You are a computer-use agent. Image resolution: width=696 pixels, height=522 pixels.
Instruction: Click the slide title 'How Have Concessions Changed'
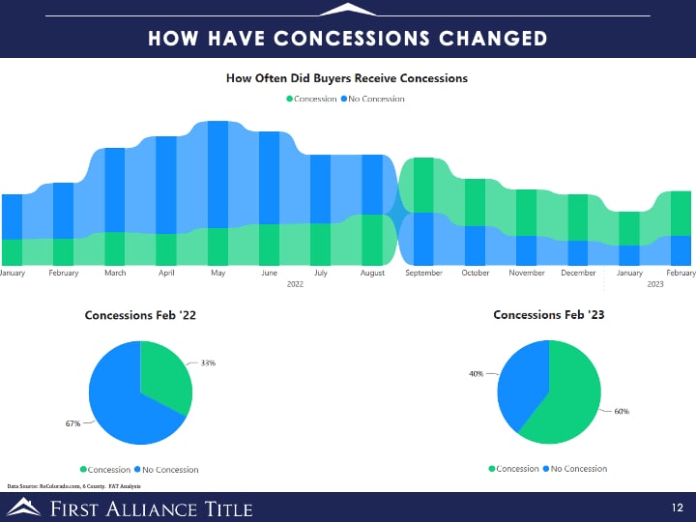click(348, 38)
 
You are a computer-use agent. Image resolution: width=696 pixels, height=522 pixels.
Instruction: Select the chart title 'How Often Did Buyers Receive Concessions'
click(347, 78)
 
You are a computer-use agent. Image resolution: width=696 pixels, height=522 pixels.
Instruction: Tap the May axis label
click(217, 274)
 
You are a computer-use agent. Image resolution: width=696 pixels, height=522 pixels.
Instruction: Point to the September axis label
click(423, 274)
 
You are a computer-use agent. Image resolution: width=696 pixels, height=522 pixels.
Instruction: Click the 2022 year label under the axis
click(296, 284)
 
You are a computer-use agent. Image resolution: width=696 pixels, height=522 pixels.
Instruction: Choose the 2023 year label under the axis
click(654, 284)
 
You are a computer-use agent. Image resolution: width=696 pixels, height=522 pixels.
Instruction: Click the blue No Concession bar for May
click(217, 174)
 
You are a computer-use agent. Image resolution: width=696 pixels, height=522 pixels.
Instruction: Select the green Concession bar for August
click(372, 240)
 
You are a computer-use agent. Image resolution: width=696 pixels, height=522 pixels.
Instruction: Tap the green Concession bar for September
click(423, 185)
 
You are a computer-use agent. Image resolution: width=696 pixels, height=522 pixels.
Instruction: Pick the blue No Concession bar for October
click(475, 246)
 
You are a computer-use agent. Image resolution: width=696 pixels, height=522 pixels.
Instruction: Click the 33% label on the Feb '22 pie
click(208, 363)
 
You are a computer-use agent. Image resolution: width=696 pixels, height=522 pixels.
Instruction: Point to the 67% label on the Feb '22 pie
click(72, 423)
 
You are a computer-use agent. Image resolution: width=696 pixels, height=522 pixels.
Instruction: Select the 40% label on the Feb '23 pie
click(476, 373)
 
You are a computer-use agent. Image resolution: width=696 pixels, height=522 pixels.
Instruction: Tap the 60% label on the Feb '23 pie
click(621, 411)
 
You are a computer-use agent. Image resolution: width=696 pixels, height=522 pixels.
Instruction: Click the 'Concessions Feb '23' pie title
click(548, 315)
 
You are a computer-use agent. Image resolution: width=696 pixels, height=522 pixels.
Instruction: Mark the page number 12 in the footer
click(678, 507)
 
